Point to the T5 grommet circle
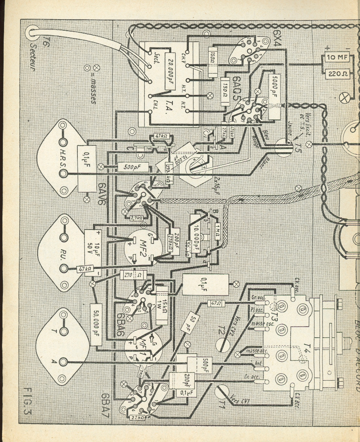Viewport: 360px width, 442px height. [x=285, y=147]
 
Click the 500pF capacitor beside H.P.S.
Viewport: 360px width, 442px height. [x=129, y=167]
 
